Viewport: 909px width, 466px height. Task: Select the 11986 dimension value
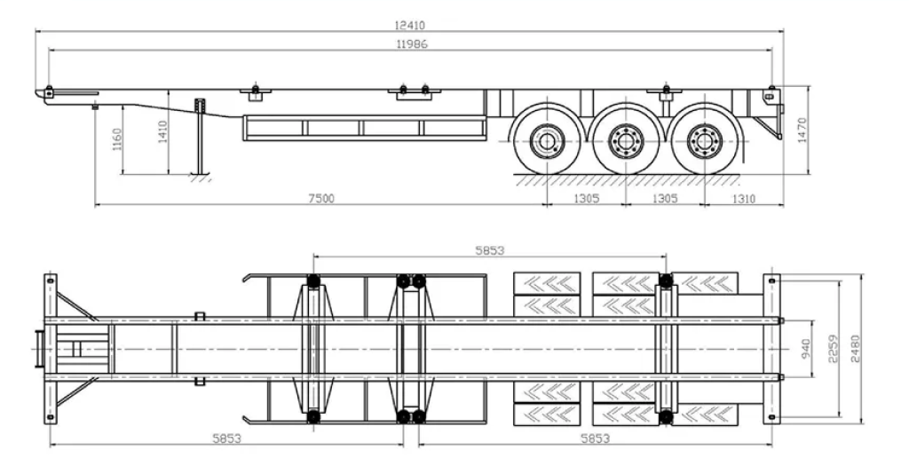click(409, 43)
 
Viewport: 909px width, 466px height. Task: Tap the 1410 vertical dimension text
click(162, 132)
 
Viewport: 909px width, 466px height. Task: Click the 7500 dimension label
click(320, 199)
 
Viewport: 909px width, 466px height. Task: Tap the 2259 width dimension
click(832, 349)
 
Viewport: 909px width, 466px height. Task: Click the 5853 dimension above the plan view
click(488, 251)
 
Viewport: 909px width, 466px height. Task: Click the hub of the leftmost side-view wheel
click(546, 142)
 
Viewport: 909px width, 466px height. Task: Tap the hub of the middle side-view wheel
click(625, 142)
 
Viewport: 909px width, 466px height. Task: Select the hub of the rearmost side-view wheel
click(704, 142)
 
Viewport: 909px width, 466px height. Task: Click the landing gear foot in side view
click(201, 173)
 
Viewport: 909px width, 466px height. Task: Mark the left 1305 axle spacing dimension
click(583, 199)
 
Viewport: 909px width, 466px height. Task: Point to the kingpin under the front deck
click(95, 107)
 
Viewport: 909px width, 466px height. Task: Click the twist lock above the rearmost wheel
click(667, 89)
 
